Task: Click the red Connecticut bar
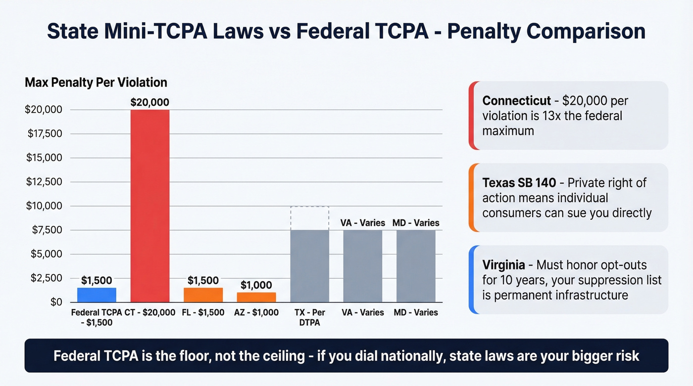click(x=150, y=206)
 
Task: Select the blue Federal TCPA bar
click(x=97, y=295)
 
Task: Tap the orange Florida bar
click(x=203, y=295)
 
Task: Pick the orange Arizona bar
click(x=256, y=297)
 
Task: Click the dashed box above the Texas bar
click(x=309, y=218)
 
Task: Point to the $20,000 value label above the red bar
click(x=150, y=103)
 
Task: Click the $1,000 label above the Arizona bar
click(x=256, y=285)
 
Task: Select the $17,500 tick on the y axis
click(x=44, y=133)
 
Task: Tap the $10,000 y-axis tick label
click(x=44, y=206)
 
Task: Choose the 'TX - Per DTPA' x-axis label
click(x=309, y=317)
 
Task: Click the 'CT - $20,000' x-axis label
click(x=150, y=312)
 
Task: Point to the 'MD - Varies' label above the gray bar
click(x=416, y=223)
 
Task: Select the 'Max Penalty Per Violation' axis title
click(x=96, y=82)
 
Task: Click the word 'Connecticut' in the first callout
click(x=516, y=101)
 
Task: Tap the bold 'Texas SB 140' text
click(x=518, y=183)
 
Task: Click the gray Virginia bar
click(x=363, y=266)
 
